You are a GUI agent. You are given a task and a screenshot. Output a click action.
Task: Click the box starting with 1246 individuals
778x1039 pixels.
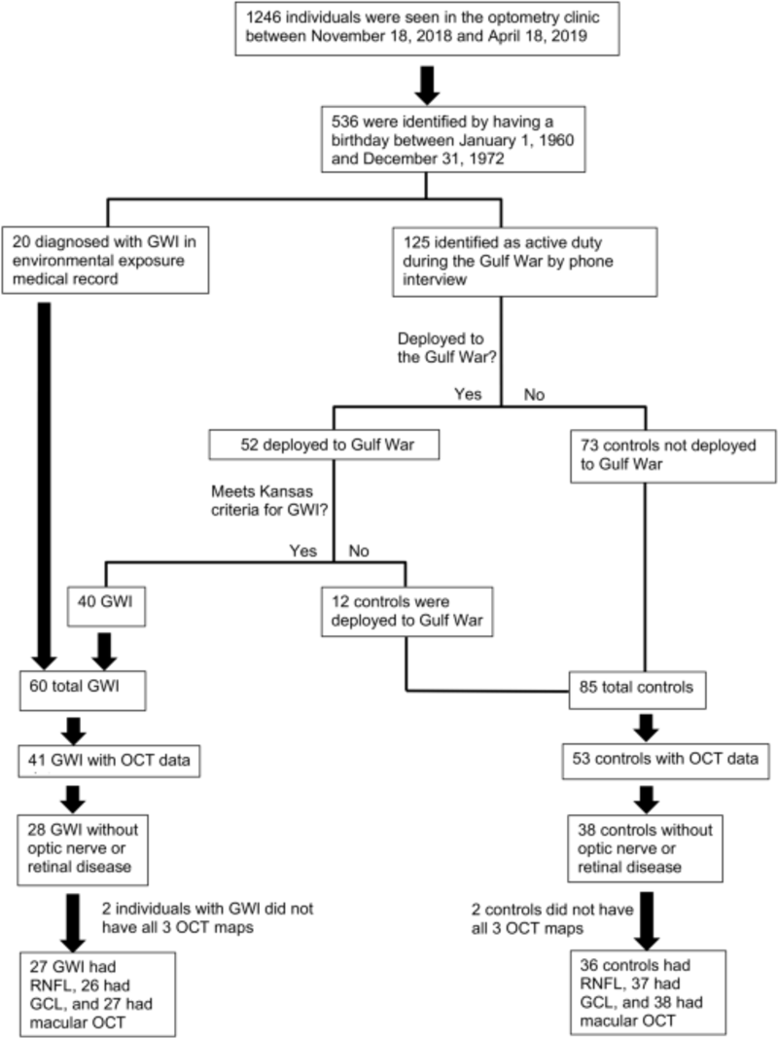point(428,30)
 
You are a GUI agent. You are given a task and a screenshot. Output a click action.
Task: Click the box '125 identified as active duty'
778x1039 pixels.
point(502,261)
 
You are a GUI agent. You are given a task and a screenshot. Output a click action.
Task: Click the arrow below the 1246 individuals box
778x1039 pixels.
point(428,84)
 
